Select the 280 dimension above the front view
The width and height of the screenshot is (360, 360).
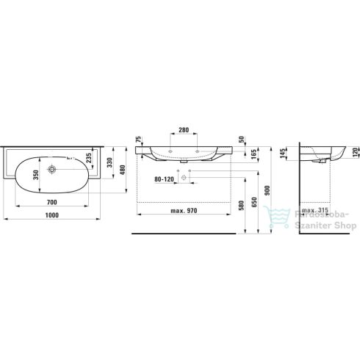coord(183,130)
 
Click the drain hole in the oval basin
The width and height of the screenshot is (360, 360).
coord(53,170)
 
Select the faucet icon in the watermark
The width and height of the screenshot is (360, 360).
coord(282,220)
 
